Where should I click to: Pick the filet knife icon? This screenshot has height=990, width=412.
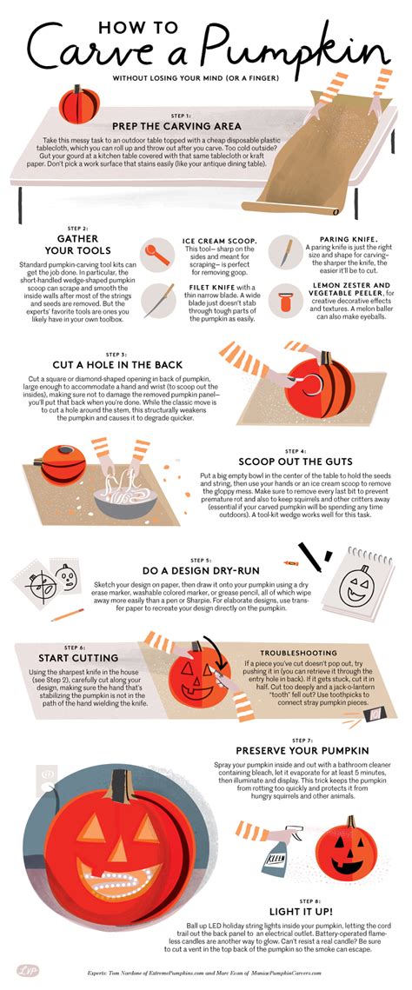pyautogui.click(x=156, y=299)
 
